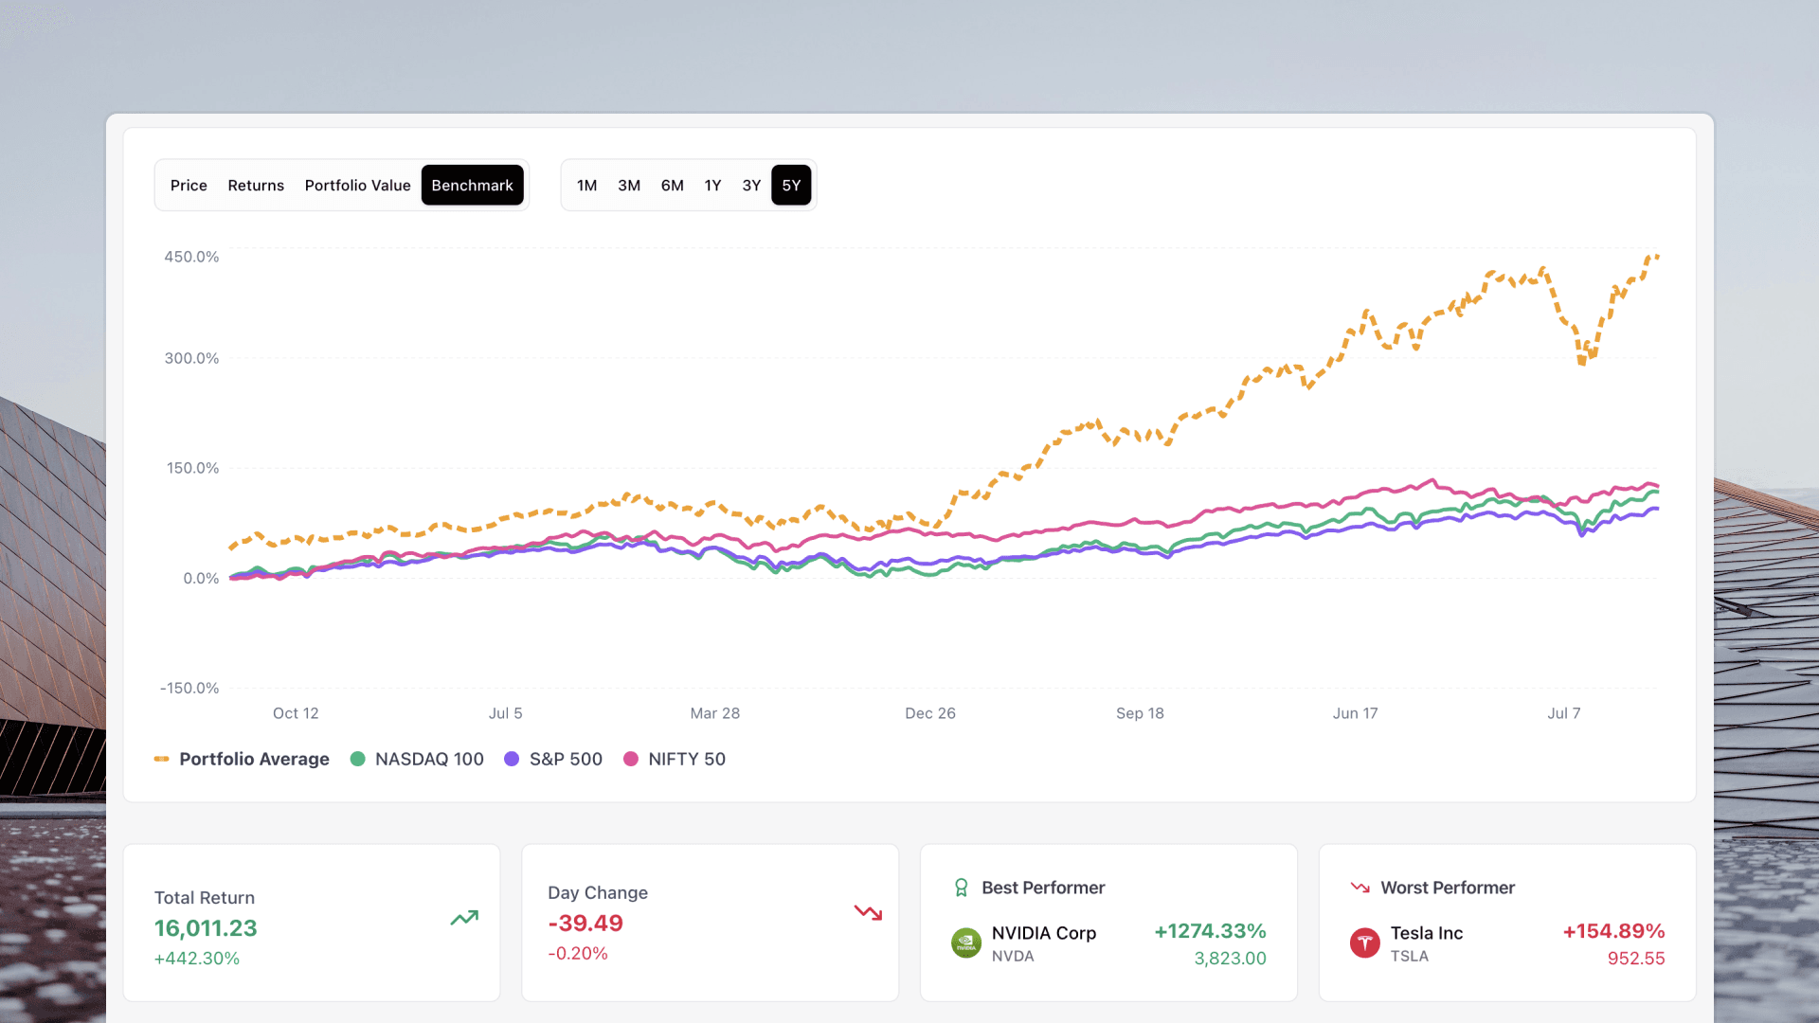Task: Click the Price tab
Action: (x=189, y=186)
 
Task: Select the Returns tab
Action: (x=256, y=186)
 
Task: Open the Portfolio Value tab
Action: (x=357, y=186)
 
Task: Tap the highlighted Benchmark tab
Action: (x=472, y=186)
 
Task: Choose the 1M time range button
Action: (x=586, y=186)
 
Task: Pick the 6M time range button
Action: (x=672, y=186)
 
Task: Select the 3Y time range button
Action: (x=751, y=186)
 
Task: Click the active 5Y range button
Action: (x=791, y=186)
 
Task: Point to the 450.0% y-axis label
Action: (x=191, y=257)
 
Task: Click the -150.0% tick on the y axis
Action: (x=189, y=689)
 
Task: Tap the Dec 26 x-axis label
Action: (x=929, y=713)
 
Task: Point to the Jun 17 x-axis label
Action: (x=1355, y=713)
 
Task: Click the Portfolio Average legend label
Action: (x=254, y=759)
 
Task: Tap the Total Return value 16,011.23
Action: (x=206, y=928)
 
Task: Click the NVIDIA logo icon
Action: (x=965, y=942)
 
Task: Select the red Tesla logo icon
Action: (x=1364, y=942)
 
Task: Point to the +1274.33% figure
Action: (x=1210, y=931)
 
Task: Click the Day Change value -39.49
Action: (x=585, y=924)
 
